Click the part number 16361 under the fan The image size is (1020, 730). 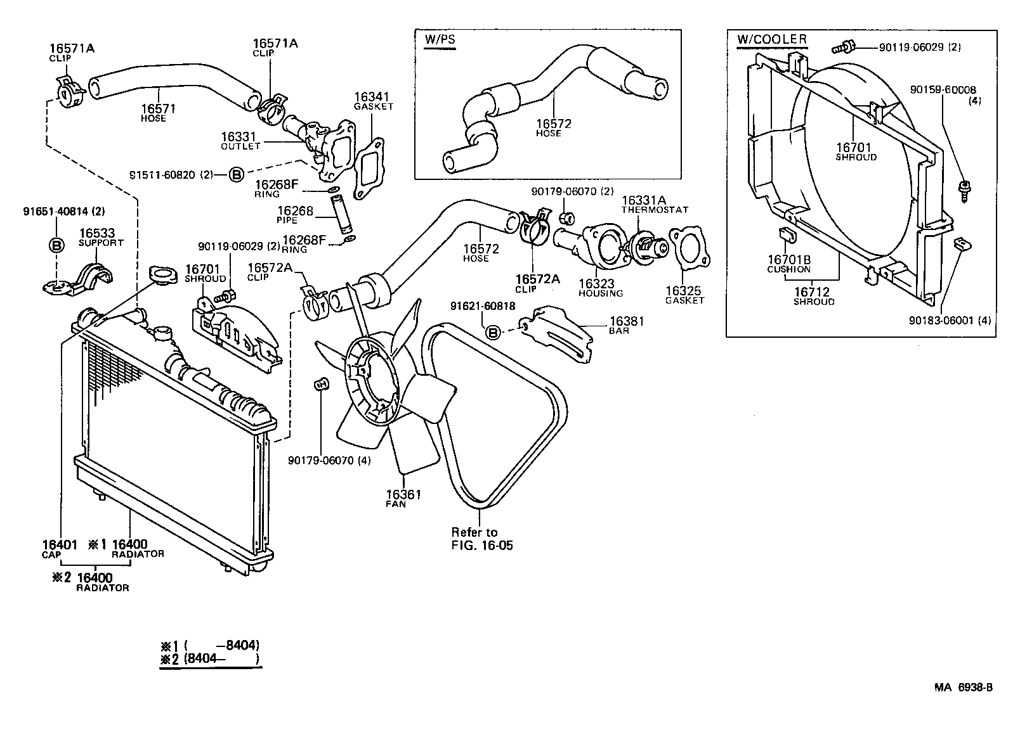[403, 494]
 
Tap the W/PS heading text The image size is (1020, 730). [440, 39]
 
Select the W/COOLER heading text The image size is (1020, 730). [772, 39]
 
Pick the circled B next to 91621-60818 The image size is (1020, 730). [493, 332]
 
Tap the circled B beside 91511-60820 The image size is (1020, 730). [235, 174]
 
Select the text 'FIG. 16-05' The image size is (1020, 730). [481, 545]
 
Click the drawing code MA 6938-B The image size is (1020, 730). [962, 688]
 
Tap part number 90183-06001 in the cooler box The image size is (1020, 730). [941, 321]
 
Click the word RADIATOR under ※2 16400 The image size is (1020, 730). [102, 587]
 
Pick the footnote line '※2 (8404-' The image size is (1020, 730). [209, 659]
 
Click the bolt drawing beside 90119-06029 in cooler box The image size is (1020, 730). [844, 47]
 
